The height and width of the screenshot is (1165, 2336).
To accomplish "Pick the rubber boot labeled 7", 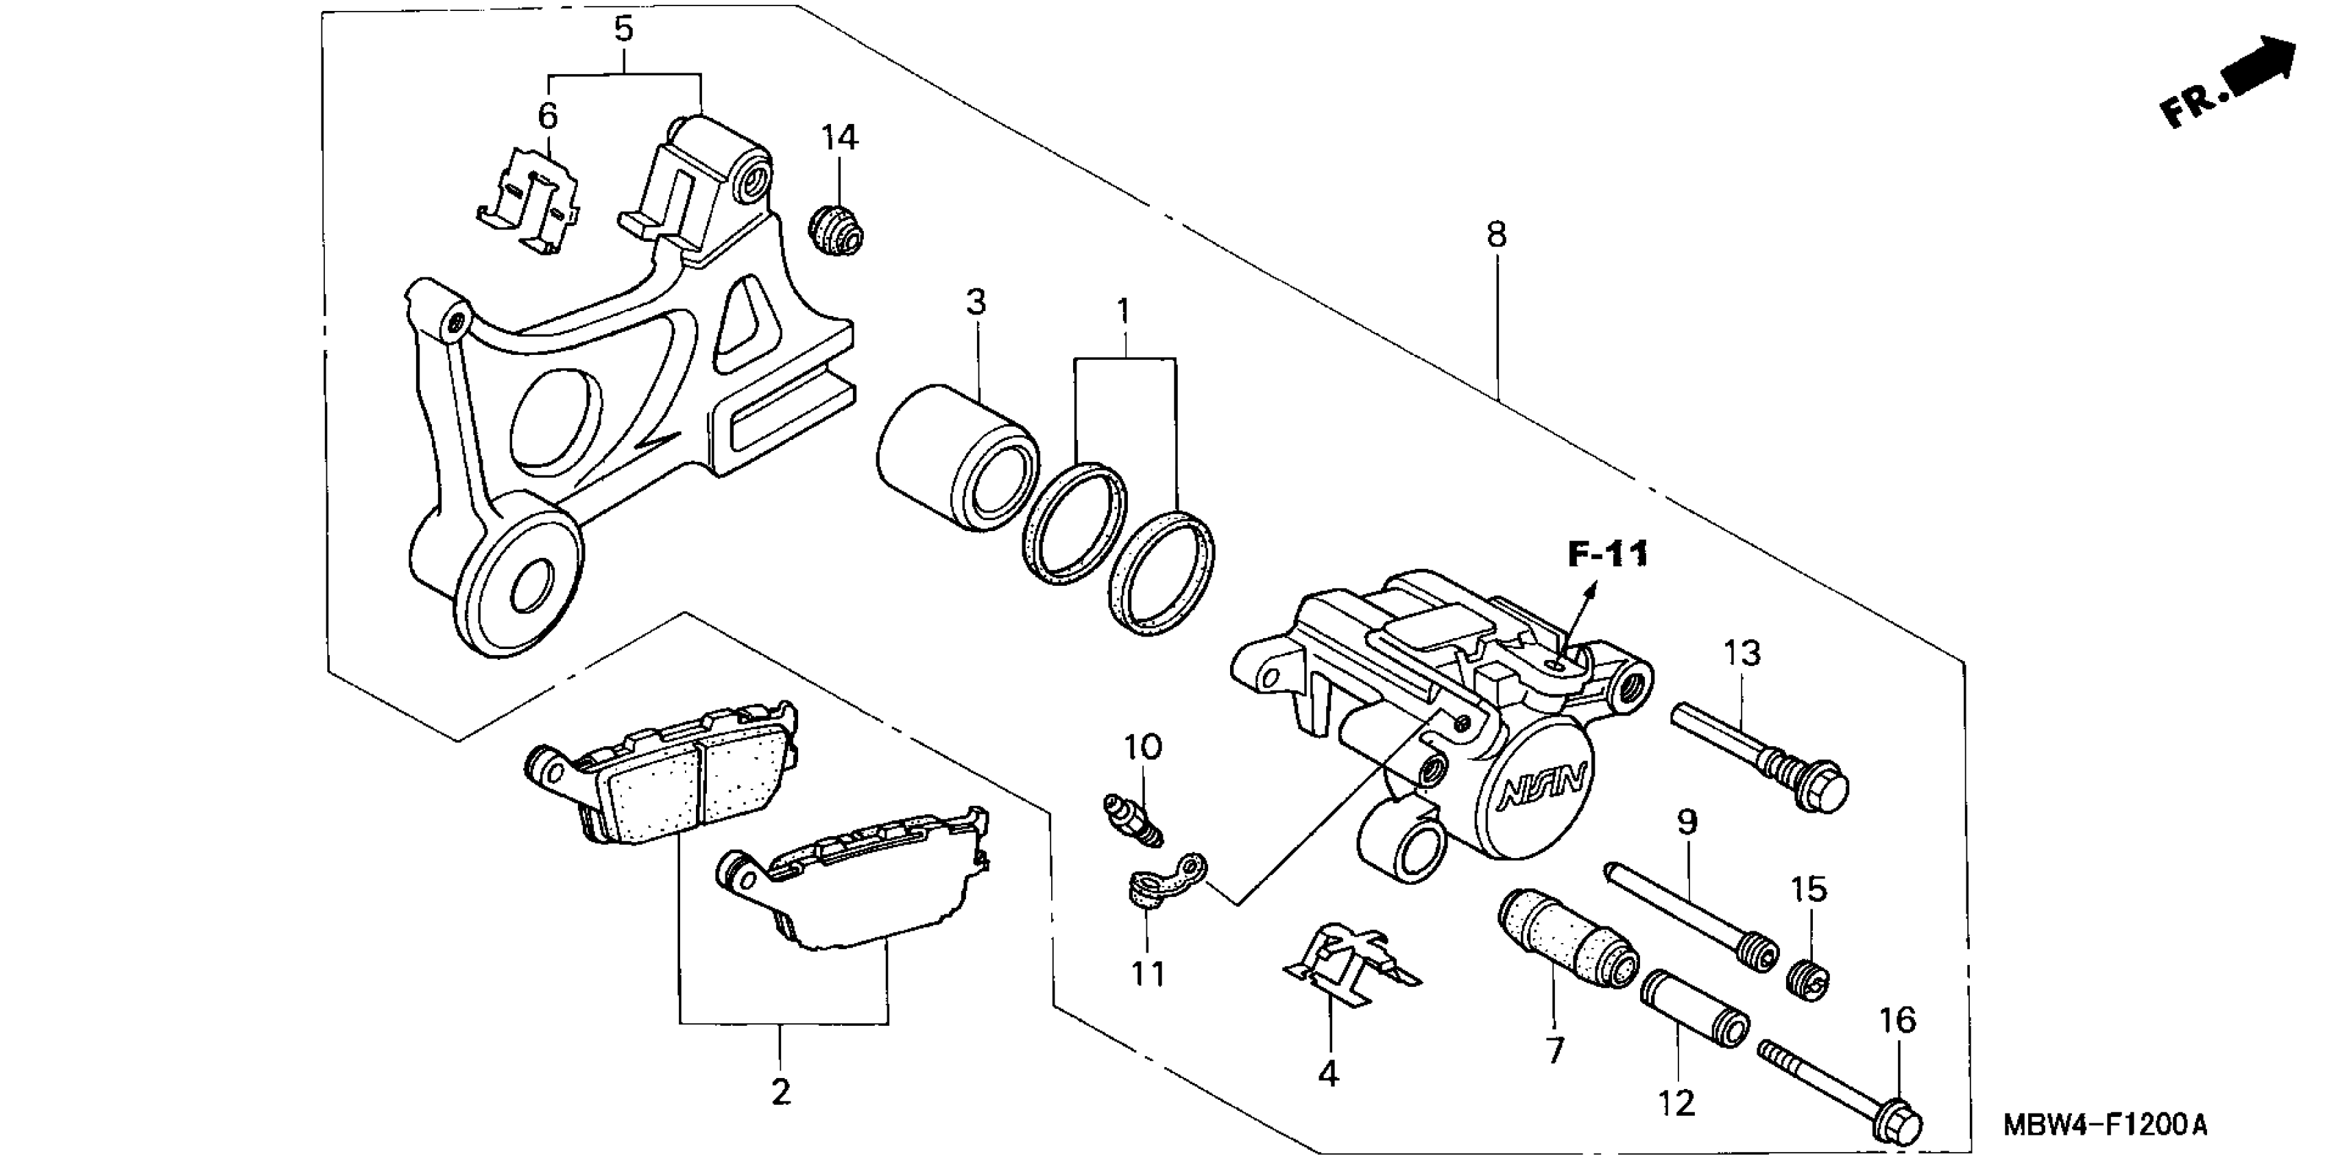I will coord(1566,938).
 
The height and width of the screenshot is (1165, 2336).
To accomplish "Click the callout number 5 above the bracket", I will coord(623,29).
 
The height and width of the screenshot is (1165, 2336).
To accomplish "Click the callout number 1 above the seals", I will coord(1124,311).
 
